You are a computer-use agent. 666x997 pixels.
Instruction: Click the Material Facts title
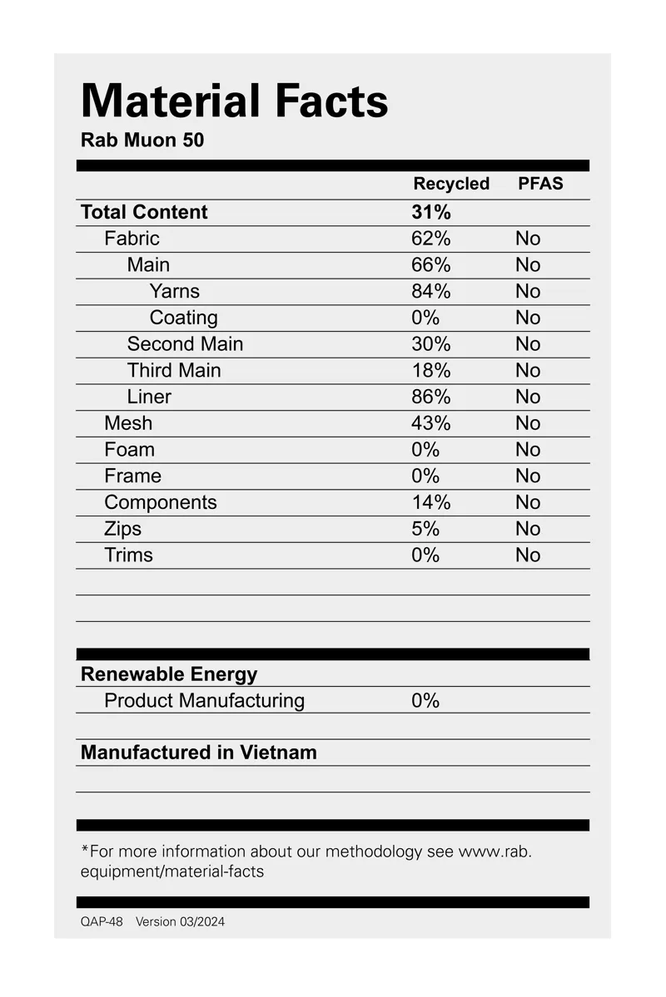point(234,101)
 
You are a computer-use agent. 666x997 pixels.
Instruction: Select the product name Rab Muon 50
point(142,140)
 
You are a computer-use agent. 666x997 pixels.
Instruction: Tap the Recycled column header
point(451,184)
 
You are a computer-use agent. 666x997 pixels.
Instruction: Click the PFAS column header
point(540,184)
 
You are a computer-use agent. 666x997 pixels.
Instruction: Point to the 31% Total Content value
point(430,212)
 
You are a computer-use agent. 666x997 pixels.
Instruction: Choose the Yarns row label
point(174,291)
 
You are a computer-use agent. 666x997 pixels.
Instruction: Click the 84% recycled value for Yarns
point(430,291)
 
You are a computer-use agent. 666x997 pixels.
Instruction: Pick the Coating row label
point(183,318)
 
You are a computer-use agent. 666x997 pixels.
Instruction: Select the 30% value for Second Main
point(430,344)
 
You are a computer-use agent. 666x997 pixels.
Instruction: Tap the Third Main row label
point(174,370)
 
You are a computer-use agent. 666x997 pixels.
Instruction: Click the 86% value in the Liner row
point(430,397)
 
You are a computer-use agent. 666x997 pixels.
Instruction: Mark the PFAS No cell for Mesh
point(528,423)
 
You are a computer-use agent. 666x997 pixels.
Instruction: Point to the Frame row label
point(132,476)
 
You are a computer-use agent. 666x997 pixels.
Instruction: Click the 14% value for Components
point(430,502)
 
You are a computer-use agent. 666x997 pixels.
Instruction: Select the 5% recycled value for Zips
point(425,529)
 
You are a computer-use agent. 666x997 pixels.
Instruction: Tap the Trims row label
point(128,555)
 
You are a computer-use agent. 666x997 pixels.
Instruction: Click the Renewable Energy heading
point(168,674)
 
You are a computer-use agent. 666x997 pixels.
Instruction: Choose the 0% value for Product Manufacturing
point(425,700)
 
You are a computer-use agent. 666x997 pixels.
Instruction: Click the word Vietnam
point(278,753)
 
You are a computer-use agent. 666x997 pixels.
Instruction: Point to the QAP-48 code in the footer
point(102,921)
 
